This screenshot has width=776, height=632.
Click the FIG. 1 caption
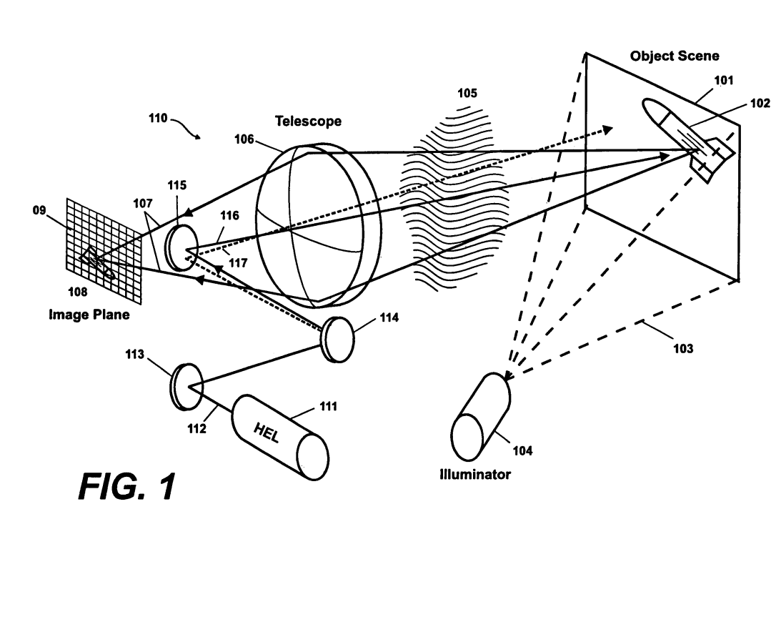click(x=127, y=486)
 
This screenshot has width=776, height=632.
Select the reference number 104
click(x=522, y=450)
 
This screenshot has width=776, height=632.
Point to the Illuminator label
click(x=475, y=475)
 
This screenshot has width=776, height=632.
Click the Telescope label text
click(x=308, y=121)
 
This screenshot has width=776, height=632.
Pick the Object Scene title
click(x=674, y=56)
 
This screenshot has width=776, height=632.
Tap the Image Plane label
click(x=89, y=315)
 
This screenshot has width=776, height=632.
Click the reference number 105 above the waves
click(x=467, y=93)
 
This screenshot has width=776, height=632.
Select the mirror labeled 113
click(x=186, y=386)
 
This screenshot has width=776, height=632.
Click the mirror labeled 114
click(x=339, y=340)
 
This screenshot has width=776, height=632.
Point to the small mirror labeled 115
click(x=182, y=247)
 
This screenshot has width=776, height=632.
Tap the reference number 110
click(x=158, y=119)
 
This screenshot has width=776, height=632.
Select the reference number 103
click(x=683, y=349)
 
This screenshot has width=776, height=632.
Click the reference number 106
click(x=244, y=139)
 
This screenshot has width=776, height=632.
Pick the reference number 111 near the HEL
click(x=328, y=407)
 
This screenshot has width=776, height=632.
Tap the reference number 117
click(x=238, y=262)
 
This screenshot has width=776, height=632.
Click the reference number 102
click(x=760, y=103)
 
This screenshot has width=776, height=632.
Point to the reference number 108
click(x=77, y=292)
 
